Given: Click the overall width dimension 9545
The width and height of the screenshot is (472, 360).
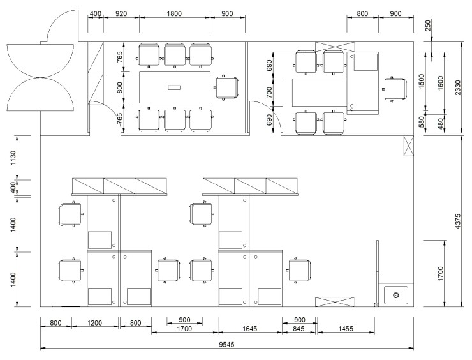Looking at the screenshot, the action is pos(226,344).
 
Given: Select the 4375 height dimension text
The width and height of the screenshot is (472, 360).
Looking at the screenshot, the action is pos(457,221).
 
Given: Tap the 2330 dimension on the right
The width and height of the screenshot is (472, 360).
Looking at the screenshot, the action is pos(457,87).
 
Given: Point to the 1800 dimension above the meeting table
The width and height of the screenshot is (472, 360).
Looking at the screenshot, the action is pos(174,13).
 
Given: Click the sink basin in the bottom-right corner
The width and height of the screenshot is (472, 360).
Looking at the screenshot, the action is pos(396,295).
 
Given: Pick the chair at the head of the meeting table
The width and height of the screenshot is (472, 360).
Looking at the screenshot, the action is pos(227,87).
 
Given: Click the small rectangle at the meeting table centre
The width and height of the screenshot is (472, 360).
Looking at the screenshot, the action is pos(174,87).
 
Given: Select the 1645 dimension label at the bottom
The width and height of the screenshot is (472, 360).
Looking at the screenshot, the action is pos(250,329).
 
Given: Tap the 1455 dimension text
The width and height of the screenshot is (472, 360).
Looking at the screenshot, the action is pos(346,329).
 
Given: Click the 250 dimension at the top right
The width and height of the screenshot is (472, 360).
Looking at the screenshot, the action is pos(428,26).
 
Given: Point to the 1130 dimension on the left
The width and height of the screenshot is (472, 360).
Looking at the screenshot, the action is pos(13,158).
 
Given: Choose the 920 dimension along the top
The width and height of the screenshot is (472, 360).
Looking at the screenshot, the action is pos(121,13).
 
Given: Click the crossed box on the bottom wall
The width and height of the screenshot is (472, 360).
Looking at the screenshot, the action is pos(335,302).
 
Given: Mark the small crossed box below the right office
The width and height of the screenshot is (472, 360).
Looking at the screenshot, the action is pos(408,146).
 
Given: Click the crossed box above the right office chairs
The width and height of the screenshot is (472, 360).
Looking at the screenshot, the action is pos(335,47).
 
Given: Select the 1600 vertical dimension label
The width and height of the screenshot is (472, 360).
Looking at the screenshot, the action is pos(440,84).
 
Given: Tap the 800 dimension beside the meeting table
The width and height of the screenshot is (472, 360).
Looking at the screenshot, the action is pos(119,87).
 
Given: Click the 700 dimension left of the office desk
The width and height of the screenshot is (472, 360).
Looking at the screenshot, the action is pos(269,93).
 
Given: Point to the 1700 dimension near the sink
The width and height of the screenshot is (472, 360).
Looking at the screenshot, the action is pos(440,274).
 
